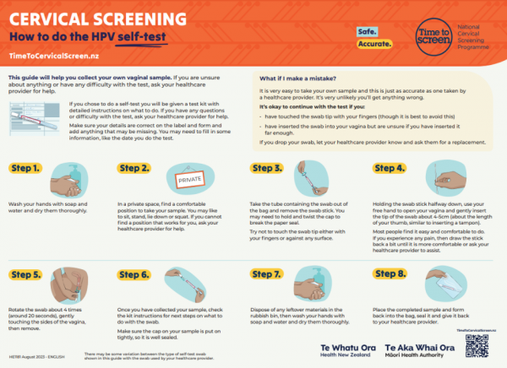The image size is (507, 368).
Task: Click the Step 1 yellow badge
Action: tap(26, 169)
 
